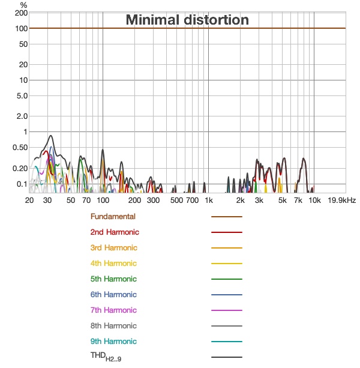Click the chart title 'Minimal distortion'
[187, 20]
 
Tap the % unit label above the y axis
[23, 5]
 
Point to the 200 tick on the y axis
[21, 13]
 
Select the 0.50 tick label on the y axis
[20, 148]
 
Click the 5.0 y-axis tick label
[21, 96]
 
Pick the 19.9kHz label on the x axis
[341, 200]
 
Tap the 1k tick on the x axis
[209, 200]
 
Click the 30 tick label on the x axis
[47, 200]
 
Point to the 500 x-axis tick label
[176, 200]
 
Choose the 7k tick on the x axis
[298, 200]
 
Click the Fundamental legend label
[113, 217]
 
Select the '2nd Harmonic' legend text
[115, 232]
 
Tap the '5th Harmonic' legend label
[113, 279]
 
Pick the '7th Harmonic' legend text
[113, 310]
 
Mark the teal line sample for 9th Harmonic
[226, 342]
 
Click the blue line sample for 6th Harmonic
[226, 295]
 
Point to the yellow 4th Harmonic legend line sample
[226, 264]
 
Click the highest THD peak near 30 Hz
[51, 136]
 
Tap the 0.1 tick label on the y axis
[21, 184]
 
